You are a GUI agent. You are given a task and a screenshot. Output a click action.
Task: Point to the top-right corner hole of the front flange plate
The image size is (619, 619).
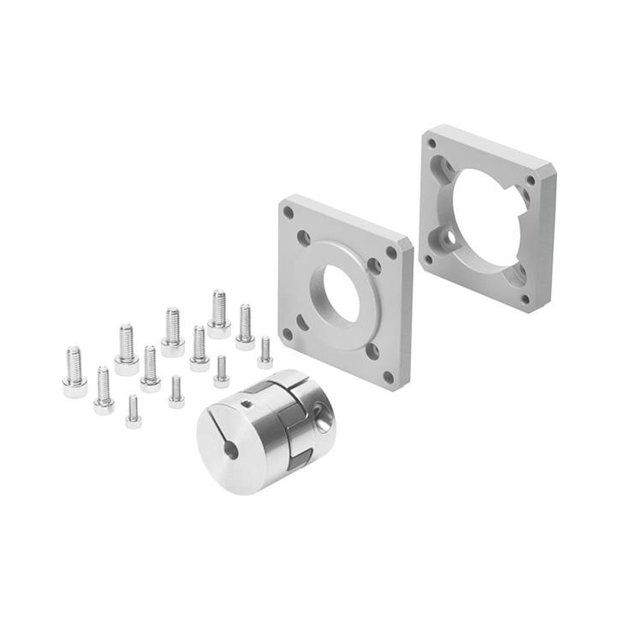391,251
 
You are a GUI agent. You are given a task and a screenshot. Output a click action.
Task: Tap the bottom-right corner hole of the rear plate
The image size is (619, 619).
525,299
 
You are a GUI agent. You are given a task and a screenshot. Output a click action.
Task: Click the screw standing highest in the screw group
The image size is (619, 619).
219,308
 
